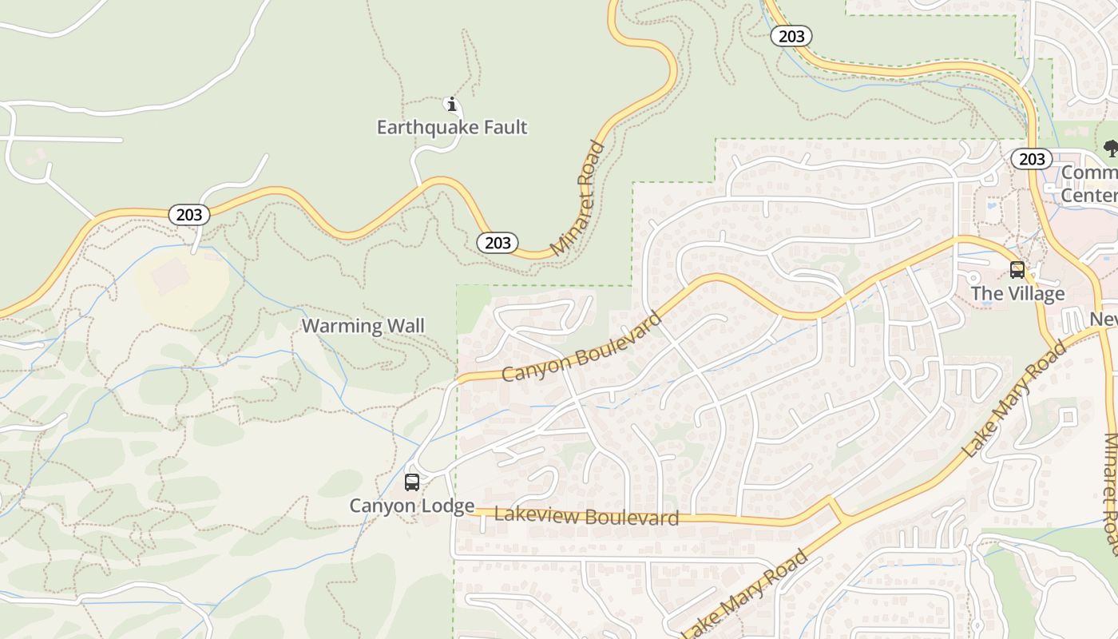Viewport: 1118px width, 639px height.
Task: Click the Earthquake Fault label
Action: click(452, 127)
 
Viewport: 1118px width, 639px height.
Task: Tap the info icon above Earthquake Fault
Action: click(452, 104)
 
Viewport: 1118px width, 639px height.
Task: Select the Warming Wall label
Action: click(363, 326)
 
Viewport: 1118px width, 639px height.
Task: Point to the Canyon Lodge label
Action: click(412, 506)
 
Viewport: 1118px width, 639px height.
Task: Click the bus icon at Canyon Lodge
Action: click(412, 482)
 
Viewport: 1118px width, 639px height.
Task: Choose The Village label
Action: click(1017, 294)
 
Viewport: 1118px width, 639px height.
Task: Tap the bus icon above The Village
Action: click(1017, 270)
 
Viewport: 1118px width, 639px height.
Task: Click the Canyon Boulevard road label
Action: click(582, 347)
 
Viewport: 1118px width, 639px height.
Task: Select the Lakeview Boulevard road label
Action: click(586, 516)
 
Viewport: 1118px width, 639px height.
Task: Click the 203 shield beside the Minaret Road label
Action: click(498, 242)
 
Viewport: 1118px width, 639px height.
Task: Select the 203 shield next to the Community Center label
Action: click(1032, 159)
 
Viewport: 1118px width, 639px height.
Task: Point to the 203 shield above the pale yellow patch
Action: click(189, 214)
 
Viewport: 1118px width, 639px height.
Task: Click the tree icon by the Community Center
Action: click(1110, 147)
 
